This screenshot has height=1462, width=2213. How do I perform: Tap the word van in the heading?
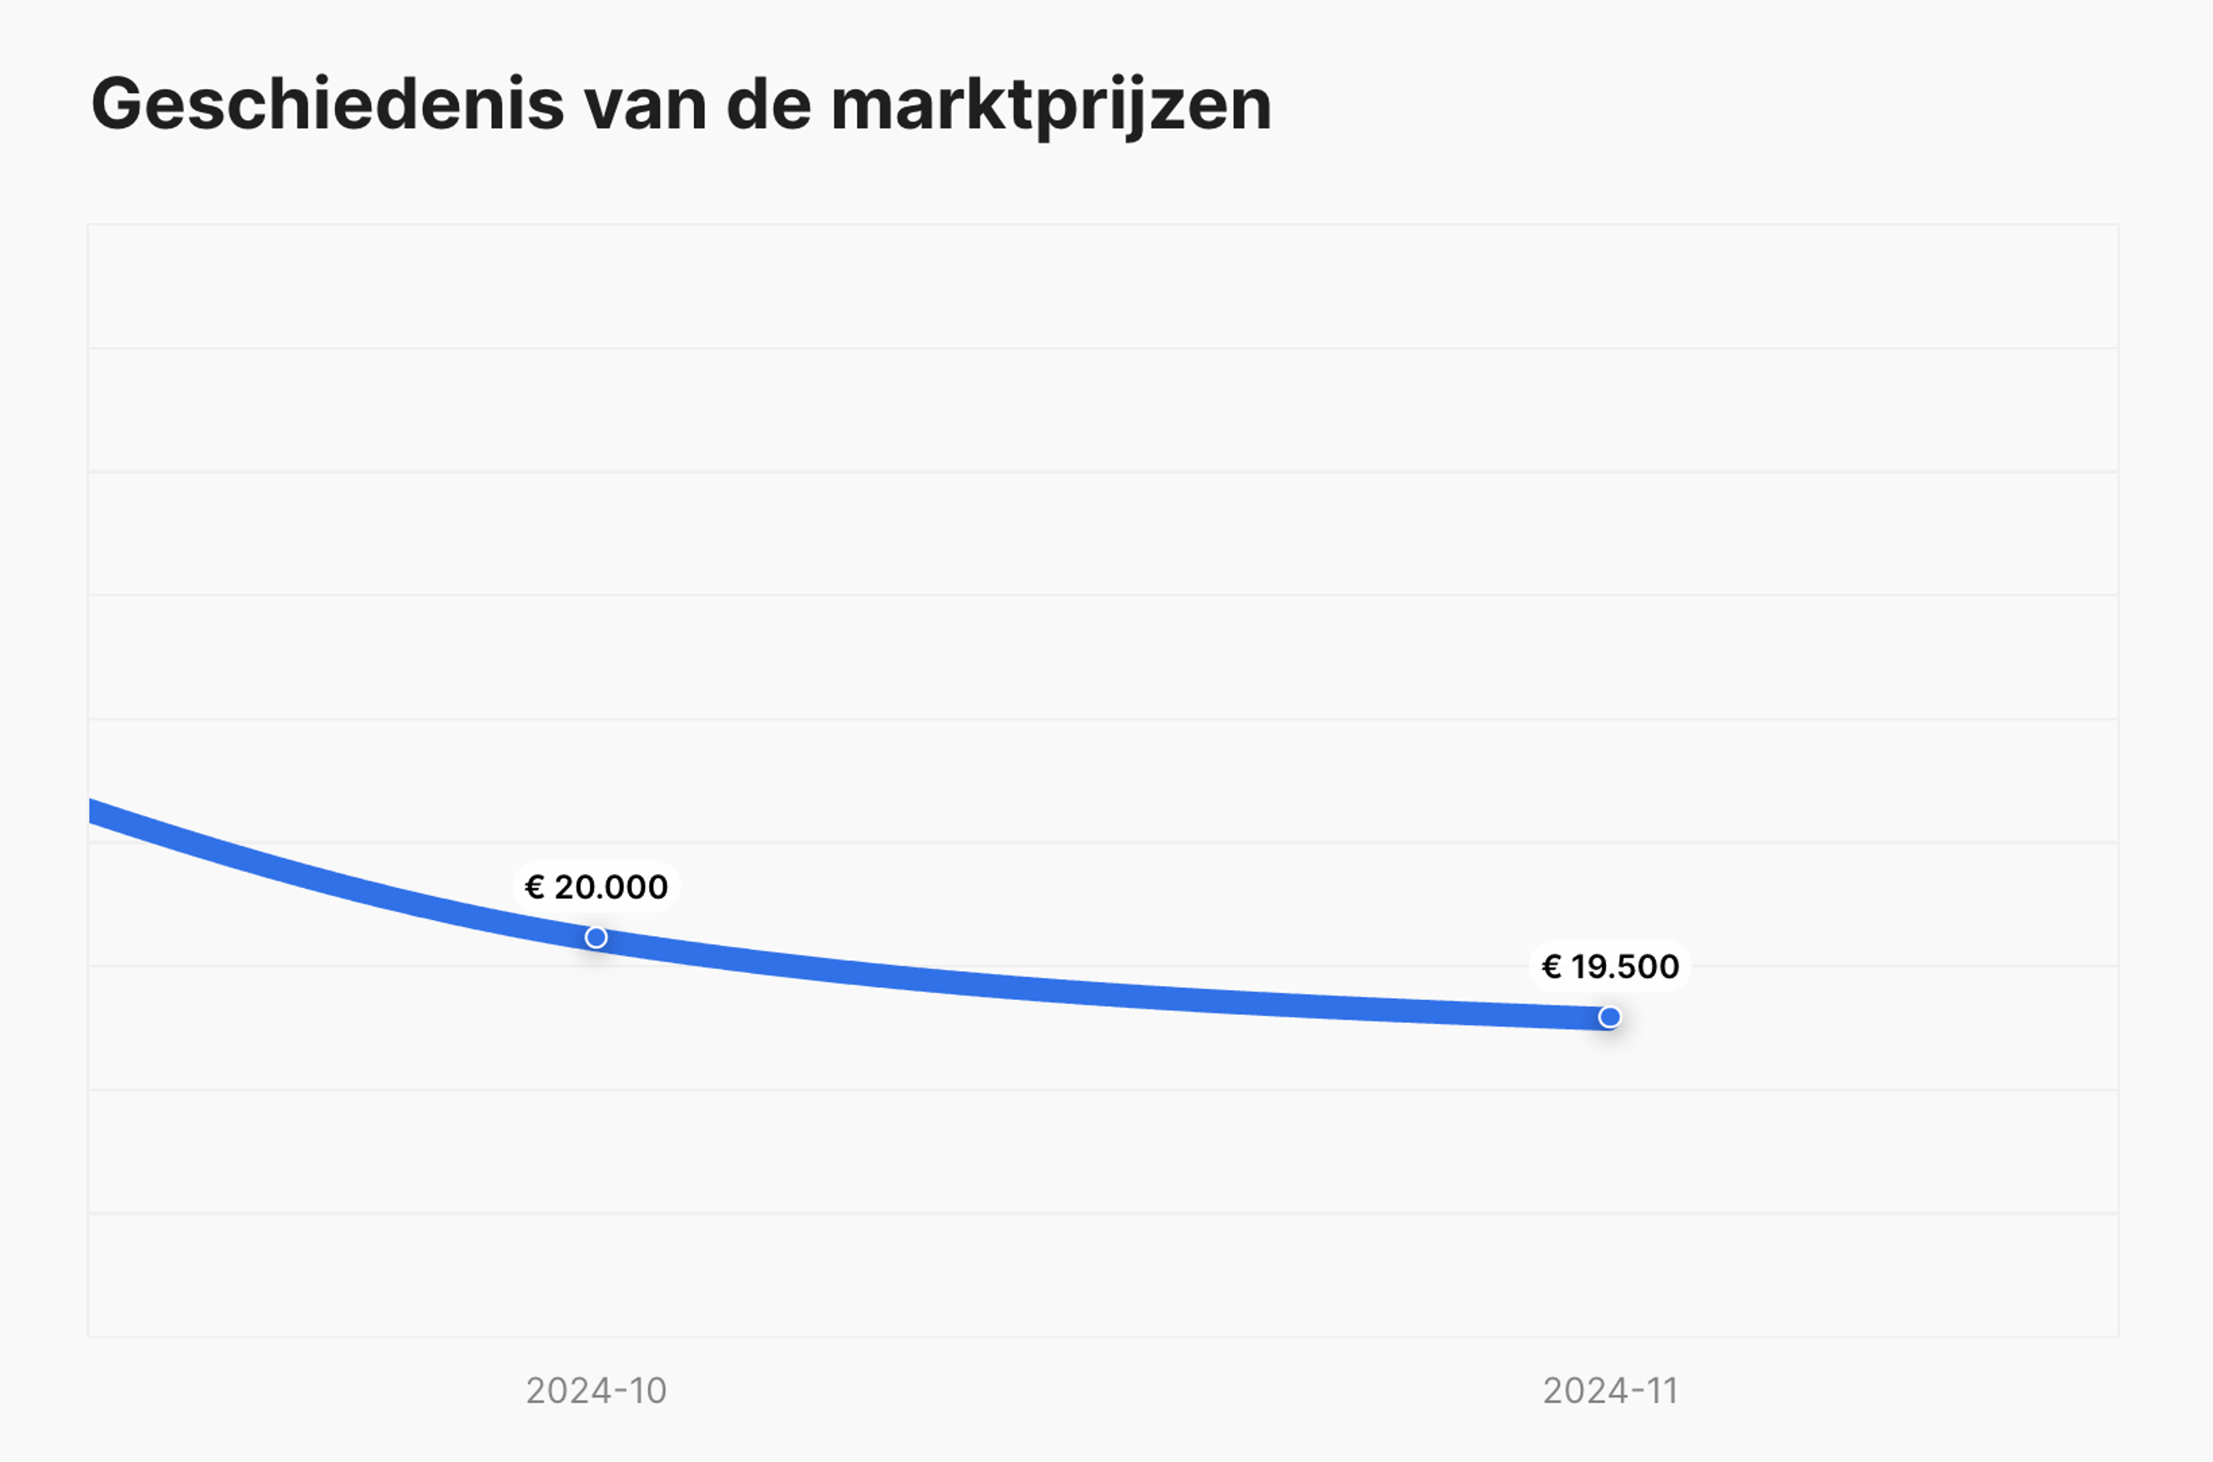click(x=645, y=104)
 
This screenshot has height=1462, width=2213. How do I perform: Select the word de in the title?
click(x=768, y=104)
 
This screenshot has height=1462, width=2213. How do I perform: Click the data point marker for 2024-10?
click(x=596, y=937)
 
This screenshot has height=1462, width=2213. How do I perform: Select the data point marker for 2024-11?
click(x=1610, y=1017)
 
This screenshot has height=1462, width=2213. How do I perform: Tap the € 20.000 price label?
click(x=596, y=887)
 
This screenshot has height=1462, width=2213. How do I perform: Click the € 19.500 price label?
click(x=1610, y=967)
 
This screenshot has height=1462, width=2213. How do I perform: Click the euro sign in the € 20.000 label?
click(x=534, y=887)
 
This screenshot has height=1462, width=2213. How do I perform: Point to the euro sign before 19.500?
click(x=1551, y=967)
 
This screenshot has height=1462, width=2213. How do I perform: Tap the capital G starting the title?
click(x=116, y=104)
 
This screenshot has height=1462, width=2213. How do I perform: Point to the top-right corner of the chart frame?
click(x=2118, y=225)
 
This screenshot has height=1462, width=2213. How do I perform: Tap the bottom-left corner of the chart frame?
click(x=89, y=1336)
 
